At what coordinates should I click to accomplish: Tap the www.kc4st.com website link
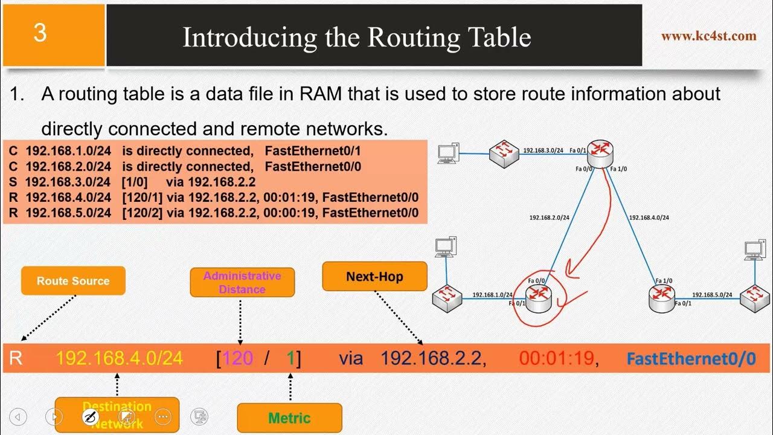[x=708, y=36]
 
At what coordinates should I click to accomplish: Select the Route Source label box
[x=73, y=281]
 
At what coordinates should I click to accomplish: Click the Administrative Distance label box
[x=242, y=282]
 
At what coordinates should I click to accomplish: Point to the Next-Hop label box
[x=374, y=277]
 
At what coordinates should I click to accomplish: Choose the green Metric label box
[x=289, y=418]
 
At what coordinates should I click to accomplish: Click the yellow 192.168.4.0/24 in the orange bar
[x=119, y=358]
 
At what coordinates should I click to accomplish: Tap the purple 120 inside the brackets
[x=237, y=358]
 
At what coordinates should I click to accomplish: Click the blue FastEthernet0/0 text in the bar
[x=691, y=359]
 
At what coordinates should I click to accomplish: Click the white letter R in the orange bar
[x=16, y=358]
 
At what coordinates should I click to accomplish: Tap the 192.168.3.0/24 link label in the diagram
[x=542, y=150]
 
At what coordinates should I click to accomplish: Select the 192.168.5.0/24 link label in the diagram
[x=712, y=295]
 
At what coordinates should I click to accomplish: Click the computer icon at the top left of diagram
[x=447, y=153]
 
